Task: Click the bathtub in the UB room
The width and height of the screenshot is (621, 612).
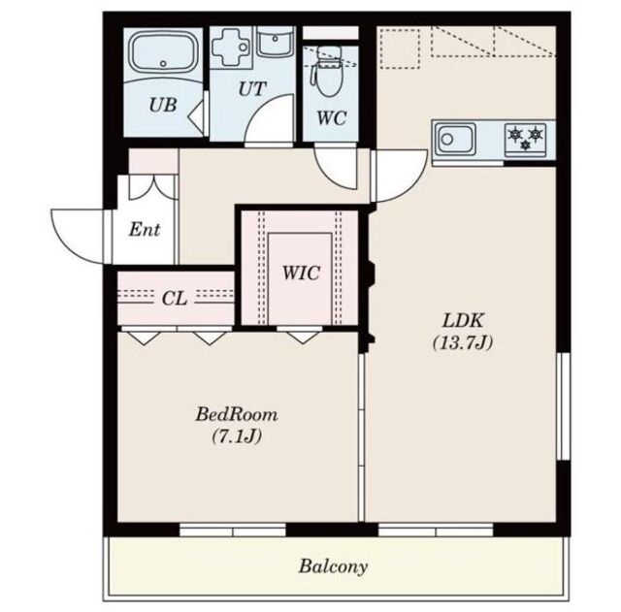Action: [x=164, y=55]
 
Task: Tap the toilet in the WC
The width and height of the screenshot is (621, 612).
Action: [x=327, y=71]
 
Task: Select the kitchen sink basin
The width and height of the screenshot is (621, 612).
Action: [x=455, y=139]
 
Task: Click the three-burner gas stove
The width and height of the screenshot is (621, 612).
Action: [x=525, y=139]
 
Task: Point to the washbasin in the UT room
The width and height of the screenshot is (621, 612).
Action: [x=276, y=42]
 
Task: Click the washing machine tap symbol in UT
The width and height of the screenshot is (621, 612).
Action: [x=231, y=48]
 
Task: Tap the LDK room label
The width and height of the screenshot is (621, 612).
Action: [x=463, y=320]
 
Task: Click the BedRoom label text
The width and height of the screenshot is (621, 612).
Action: [x=237, y=414]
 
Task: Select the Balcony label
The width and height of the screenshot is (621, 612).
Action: [x=333, y=566]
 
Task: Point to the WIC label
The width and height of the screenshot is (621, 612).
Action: [x=301, y=273]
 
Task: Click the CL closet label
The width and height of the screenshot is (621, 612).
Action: [x=175, y=299]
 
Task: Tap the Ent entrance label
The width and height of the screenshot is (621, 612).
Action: [x=145, y=229]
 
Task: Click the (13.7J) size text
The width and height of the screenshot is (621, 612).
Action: [x=463, y=342]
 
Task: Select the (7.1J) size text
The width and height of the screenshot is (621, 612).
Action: [x=237, y=436]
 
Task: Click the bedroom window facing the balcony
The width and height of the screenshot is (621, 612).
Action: [x=233, y=531]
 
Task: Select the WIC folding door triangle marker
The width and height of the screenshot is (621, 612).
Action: [x=303, y=338]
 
